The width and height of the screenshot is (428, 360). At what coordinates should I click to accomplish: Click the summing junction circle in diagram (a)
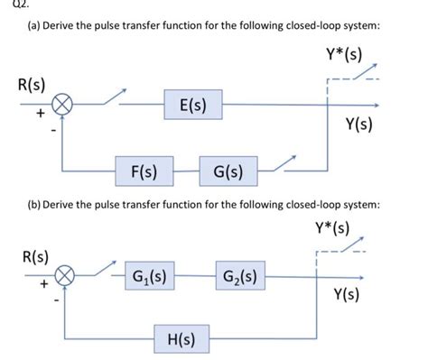pos(62,106)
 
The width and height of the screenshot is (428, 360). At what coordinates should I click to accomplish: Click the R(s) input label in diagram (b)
pos(34,254)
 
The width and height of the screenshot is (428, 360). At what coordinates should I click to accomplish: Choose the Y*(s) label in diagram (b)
pos(330,226)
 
